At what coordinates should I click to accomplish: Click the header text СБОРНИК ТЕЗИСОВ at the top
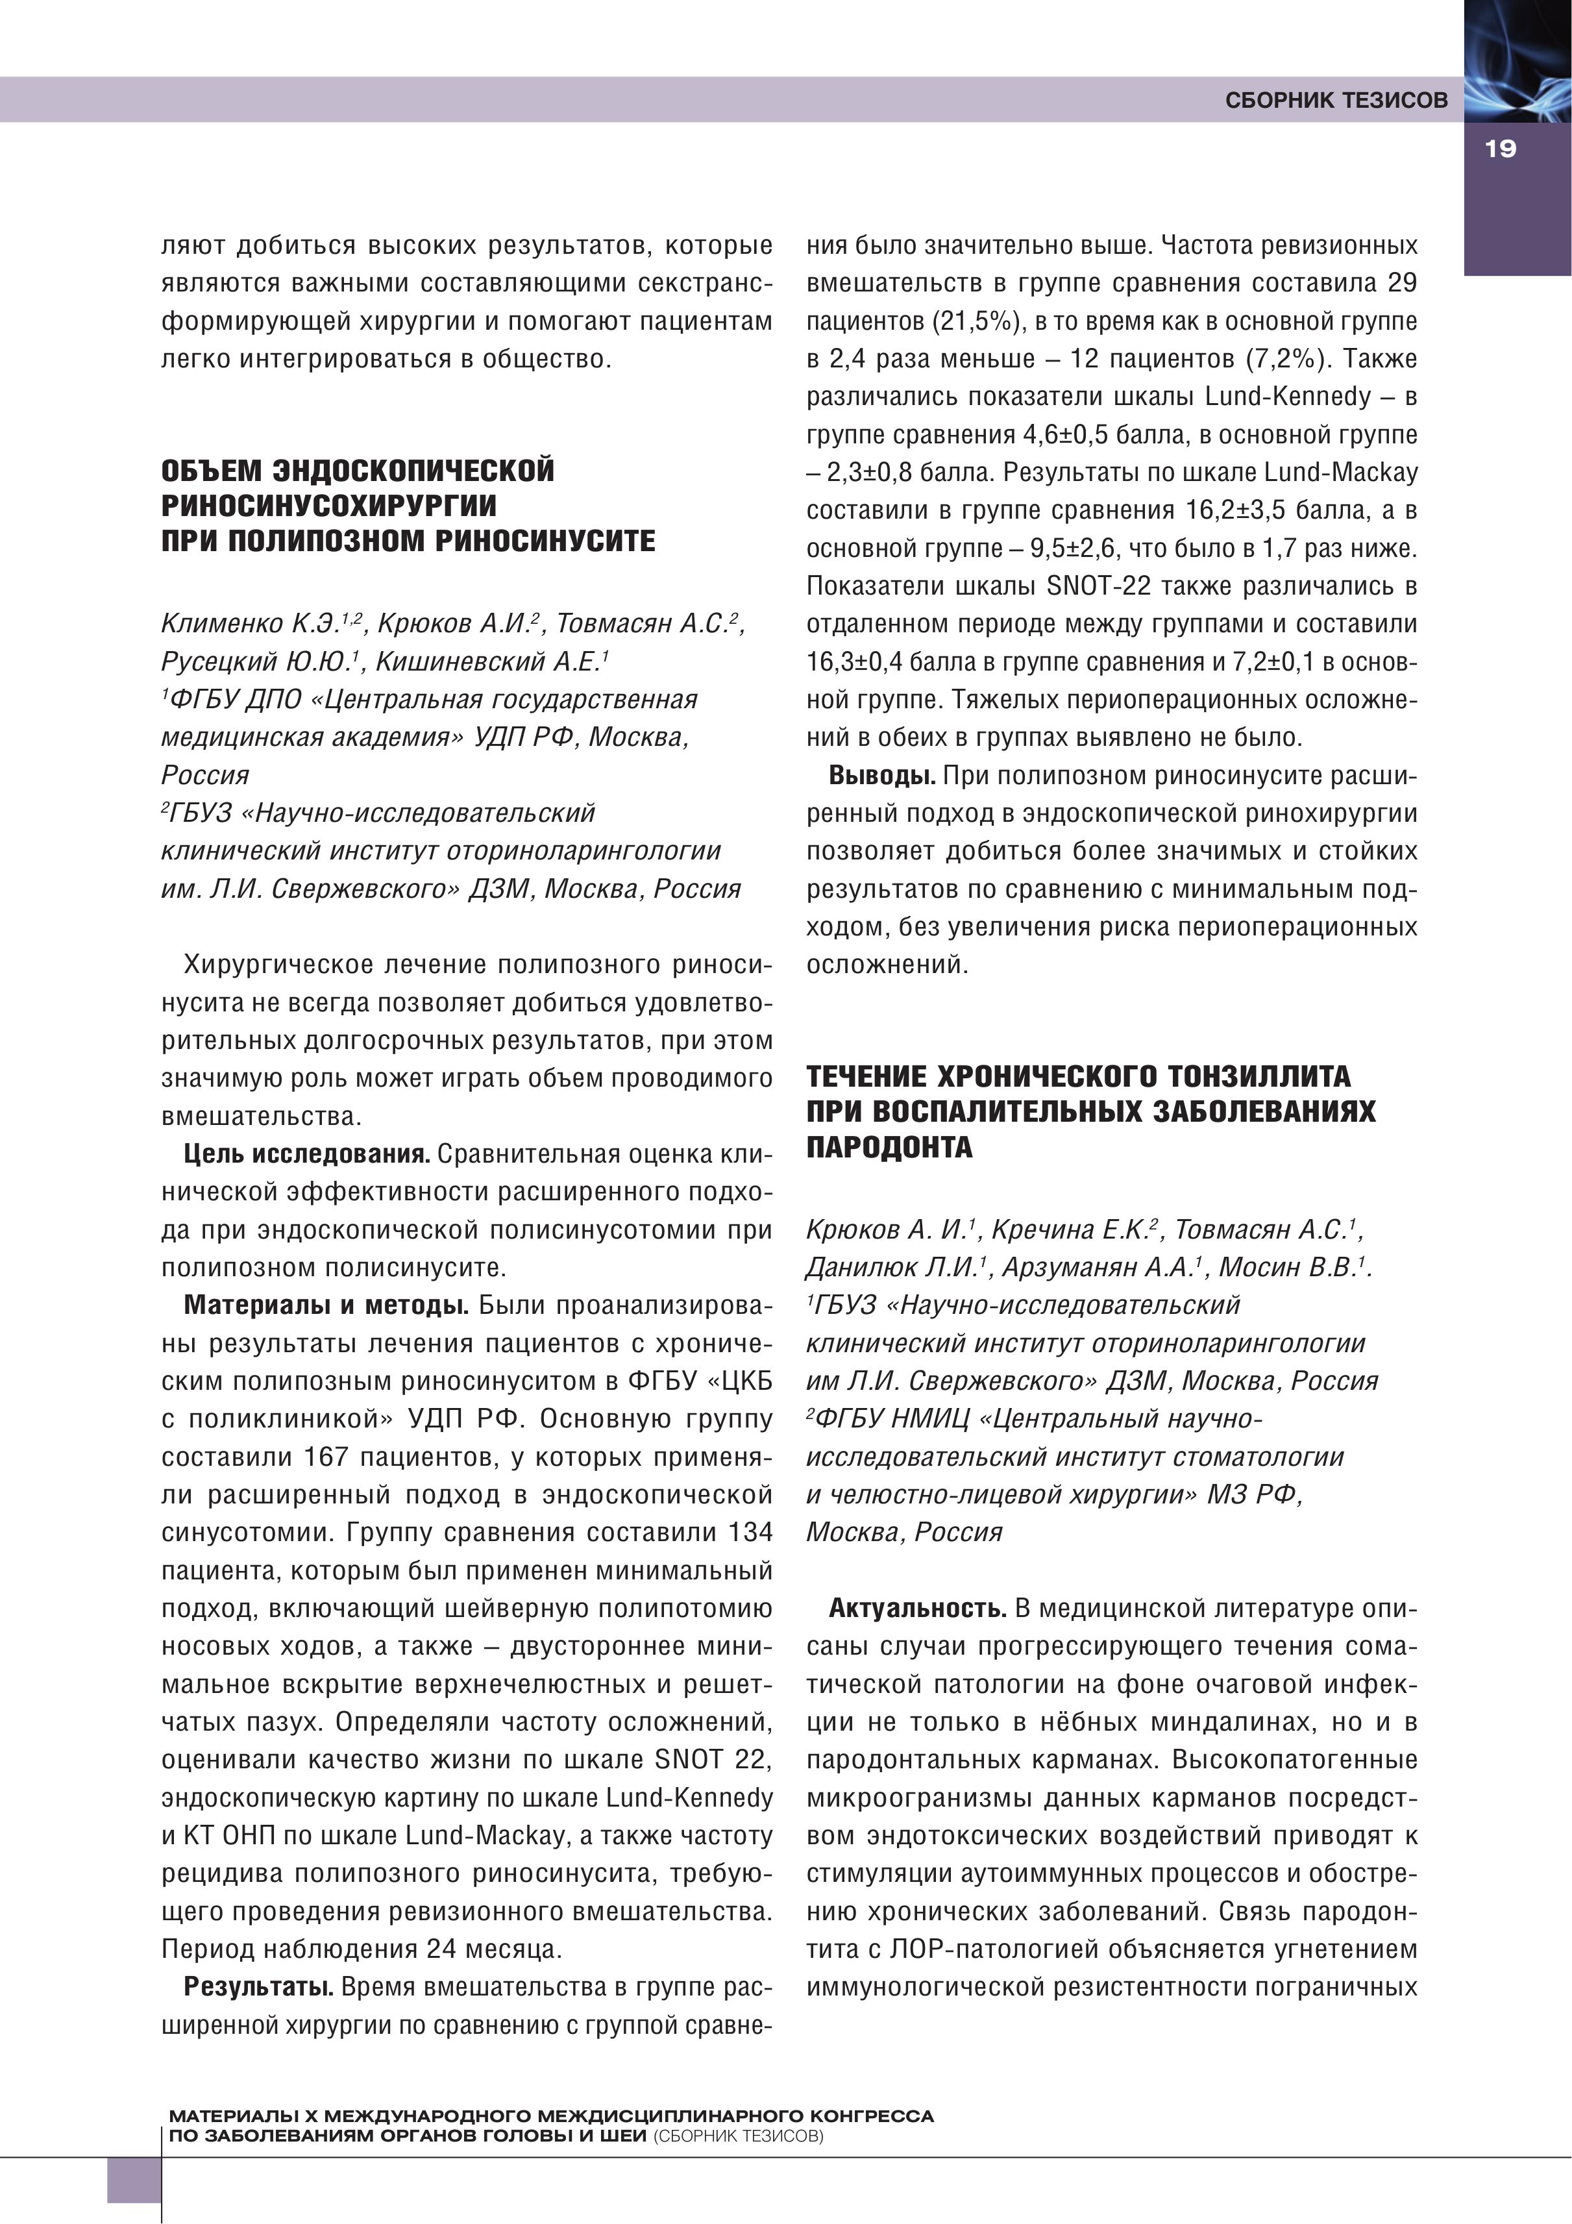pos(1336,100)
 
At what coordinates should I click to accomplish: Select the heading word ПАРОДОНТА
pos(889,1148)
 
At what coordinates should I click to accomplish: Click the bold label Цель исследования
pos(307,1155)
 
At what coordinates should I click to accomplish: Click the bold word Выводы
pos(881,776)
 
